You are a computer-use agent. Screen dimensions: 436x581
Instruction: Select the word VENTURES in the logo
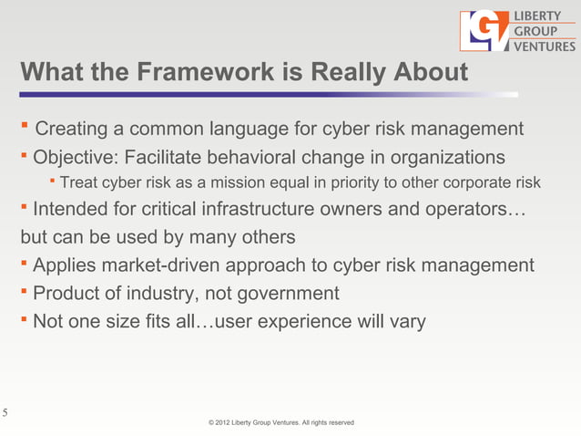click(545, 47)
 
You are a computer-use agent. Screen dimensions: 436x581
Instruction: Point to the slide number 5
click(5, 412)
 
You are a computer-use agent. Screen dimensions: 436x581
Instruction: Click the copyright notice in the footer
click(280, 423)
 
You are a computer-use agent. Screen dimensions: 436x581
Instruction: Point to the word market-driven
click(169, 265)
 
